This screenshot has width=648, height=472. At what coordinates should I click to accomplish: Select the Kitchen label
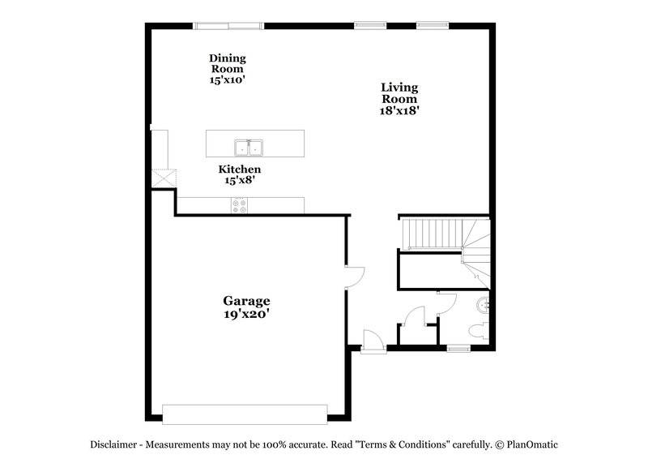pos(240,169)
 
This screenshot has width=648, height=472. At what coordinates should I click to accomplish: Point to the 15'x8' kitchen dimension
pos(240,181)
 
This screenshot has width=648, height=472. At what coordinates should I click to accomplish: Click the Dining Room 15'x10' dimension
pos(227,79)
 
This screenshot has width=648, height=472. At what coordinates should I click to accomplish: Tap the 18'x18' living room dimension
pos(399,110)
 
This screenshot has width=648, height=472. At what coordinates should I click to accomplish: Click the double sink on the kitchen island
pos(249,148)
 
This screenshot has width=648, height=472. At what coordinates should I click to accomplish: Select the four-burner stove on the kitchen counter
pos(241,207)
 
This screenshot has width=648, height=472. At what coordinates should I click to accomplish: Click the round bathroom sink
pos(484,305)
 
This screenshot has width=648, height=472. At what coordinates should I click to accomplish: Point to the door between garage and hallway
pos(355,277)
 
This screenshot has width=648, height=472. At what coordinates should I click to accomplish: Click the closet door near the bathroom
pos(416,316)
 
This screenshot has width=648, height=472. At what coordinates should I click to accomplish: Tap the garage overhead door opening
pos(245,414)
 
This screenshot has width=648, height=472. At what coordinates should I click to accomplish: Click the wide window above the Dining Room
pos(228,26)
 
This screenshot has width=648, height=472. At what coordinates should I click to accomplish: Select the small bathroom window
pos(458,348)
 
